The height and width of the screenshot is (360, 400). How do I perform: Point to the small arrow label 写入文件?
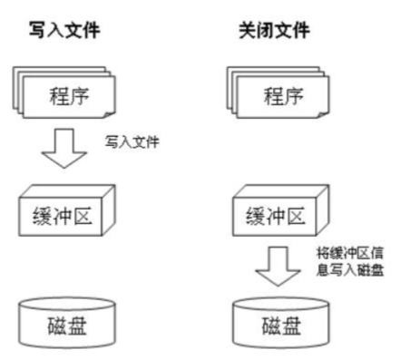point(132,142)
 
